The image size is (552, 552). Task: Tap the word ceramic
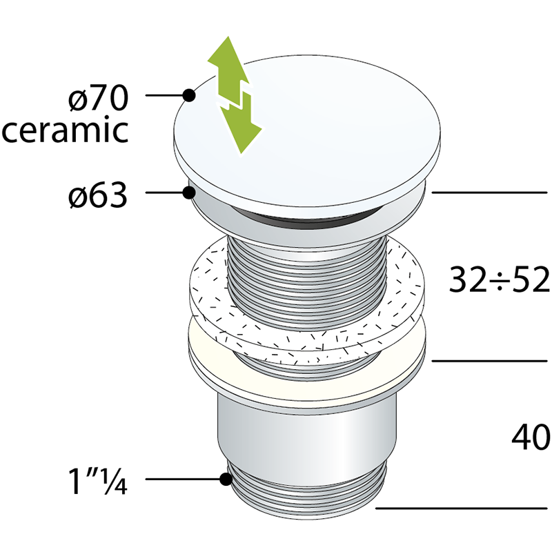tap(65, 130)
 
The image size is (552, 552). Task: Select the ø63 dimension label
tap(97, 195)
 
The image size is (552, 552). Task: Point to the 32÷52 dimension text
tap(499, 280)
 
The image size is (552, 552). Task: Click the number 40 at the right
tap(531, 437)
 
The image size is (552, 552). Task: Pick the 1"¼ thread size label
tap(97, 480)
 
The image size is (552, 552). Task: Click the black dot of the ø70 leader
tap(189, 95)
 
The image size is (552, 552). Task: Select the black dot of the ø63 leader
tap(189, 193)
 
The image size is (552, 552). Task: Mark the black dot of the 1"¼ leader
tap(226, 479)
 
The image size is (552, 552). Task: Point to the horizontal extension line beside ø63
tap(489, 193)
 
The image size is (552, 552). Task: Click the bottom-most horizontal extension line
tap(462, 508)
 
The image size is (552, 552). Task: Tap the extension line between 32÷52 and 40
tap(489, 361)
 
